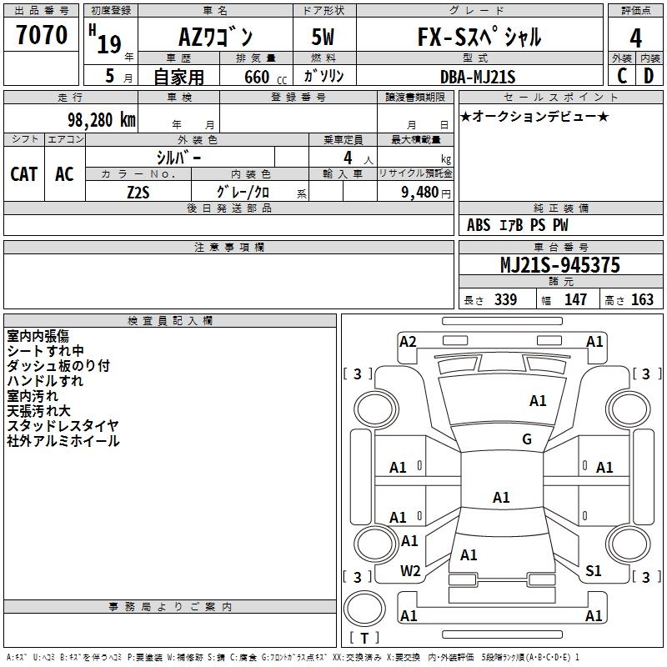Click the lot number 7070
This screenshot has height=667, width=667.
(x=42, y=34)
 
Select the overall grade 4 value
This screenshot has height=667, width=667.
(x=635, y=38)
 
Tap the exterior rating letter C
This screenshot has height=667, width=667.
(x=622, y=76)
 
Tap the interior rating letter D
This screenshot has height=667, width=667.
(x=649, y=76)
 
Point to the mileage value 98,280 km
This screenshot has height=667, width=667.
(x=102, y=120)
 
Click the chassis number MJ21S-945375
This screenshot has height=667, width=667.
(x=560, y=264)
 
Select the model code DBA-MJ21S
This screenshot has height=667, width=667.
(x=478, y=77)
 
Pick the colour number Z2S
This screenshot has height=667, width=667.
(x=138, y=193)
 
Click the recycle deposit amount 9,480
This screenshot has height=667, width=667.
(x=420, y=193)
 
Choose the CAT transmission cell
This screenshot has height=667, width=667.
(x=24, y=174)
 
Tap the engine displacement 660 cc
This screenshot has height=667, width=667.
(x=265, y=77)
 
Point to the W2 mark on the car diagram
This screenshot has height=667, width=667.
(x=410, y=571)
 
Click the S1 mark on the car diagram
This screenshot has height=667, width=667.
(x=593, y=571)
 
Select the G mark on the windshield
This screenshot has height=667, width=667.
(x=527, y=439)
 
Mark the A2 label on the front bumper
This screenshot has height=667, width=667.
(x=408, y=342)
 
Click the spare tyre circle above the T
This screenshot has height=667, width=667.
(x=364, y=609)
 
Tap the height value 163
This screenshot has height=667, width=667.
(x=642, y=299)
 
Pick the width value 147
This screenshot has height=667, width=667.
(x=575, y=299)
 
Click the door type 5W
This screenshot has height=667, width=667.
(x=323, y=37)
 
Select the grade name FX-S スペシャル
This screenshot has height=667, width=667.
(x=479, y=36)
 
